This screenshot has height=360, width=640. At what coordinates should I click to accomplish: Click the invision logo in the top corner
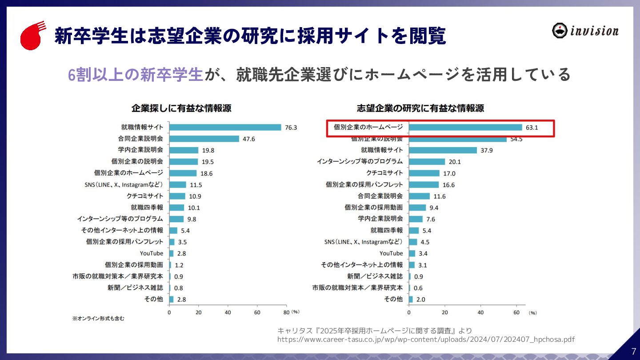pos(585,30)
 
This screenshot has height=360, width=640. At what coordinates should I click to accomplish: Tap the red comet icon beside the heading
pos(32,36)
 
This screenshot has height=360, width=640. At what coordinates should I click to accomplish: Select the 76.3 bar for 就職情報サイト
pos(225,127)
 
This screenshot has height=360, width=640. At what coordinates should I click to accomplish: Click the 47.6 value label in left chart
pos(249,139)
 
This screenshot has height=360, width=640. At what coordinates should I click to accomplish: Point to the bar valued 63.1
pos(465,127)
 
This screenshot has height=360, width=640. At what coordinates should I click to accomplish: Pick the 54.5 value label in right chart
pos(516,139)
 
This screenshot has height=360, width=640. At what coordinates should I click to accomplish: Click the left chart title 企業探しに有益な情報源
pos(181,108)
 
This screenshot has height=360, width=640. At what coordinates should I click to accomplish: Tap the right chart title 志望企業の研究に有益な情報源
pos(420,108)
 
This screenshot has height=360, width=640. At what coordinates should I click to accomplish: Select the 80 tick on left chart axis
pos(286,312)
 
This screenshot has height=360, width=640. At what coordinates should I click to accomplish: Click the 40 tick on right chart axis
pos(480,312)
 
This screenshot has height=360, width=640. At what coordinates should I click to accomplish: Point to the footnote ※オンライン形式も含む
pos(98,319)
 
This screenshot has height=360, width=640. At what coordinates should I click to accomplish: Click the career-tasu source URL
pos(426,340)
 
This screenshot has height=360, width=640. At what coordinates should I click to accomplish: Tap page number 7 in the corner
pos(633,351)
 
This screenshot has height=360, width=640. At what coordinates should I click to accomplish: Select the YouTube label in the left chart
pos(152,253)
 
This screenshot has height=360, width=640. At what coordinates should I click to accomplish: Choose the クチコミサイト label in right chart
pos(384,173)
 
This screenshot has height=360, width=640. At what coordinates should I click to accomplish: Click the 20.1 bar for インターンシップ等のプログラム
pos(427,162)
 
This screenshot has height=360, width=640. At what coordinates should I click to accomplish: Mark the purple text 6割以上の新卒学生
pos(135,75)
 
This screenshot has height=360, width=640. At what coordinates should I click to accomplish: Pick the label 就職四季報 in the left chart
pos(147,207)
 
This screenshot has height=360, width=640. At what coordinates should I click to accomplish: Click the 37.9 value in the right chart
pos(487,150)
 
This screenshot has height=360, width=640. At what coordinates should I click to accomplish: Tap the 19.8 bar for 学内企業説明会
pos(184,150)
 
